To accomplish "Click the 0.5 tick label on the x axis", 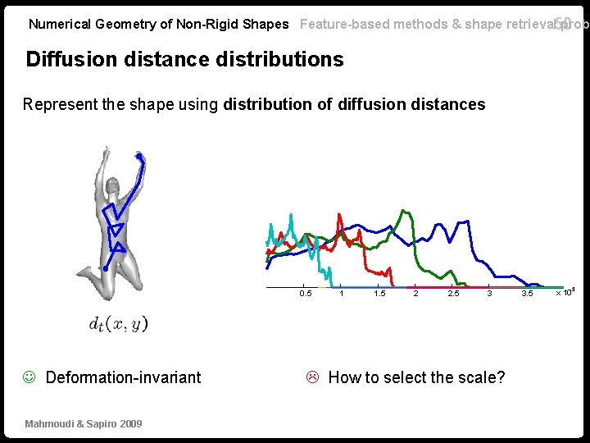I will pyautogui.click(x=306, y=293).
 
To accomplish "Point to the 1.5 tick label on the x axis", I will pyautogui.click(x=379, y=293).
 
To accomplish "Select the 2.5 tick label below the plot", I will pyautogui.click(x=453, y=293).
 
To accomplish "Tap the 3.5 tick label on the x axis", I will pyautogui.click(x=527, y=293).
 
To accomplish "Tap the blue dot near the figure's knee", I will pyautogui.click(x=105, y=268).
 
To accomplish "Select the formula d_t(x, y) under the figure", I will pyautogui.click(x=119, y=324).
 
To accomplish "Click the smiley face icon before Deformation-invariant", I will pyautogui.click(x=29, y=377).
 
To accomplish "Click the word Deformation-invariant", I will pyautogui.click(x=123, y=377).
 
